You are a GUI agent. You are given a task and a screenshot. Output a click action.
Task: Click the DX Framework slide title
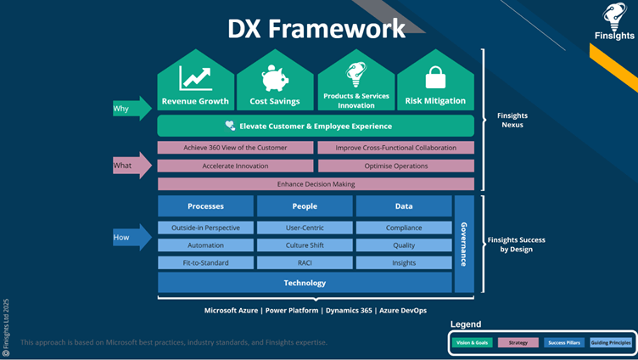[x=316, y=28]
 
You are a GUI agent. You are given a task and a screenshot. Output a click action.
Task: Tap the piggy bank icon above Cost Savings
[x=275, y=78]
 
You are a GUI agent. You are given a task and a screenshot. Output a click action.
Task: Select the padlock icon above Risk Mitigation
[x=435, y=77]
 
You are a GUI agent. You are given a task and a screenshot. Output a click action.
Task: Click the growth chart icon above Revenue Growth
[x=195, y=78]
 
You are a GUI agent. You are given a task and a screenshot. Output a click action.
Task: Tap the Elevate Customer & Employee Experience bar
[x=316, y=126]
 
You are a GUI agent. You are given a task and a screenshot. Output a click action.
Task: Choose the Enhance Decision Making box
[x=316, y=184]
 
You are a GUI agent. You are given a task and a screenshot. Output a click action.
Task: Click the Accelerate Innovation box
[x=235, y=166]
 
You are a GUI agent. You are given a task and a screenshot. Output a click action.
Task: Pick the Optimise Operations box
[x=395, y=166]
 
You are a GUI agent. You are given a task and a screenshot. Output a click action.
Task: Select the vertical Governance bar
[x=464, y=244]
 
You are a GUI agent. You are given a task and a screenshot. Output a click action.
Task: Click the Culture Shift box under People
[x=305, y=245]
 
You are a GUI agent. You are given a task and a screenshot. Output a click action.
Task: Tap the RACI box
[x=305, y=263]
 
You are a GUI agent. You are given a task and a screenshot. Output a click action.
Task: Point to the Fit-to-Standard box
[x=205, y=263]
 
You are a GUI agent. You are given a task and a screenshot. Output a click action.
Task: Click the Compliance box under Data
[x=404, y=228]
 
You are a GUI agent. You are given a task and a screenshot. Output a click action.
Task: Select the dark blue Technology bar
[x=305, y=283]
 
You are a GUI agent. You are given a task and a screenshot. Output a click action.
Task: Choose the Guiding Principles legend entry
[x=611, y=342]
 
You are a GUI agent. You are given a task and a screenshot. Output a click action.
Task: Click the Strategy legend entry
[x=518, y=342]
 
